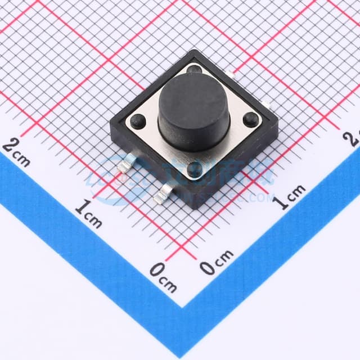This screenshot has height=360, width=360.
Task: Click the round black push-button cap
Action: tap(193, 110)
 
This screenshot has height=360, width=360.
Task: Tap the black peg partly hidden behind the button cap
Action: tap(195, 70)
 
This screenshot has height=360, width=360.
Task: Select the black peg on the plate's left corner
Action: tap(137, 120)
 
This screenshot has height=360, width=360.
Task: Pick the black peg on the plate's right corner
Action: tap(251, 119)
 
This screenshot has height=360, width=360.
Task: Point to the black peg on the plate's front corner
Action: tap(194, 169)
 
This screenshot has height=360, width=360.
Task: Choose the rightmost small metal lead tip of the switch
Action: tap(271, 107)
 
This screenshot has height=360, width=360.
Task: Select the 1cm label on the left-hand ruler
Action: tap(89, 214)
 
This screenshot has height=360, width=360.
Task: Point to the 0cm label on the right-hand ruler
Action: tap(217, 262)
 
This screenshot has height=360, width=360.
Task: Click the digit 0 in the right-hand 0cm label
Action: tap(208, 268)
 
